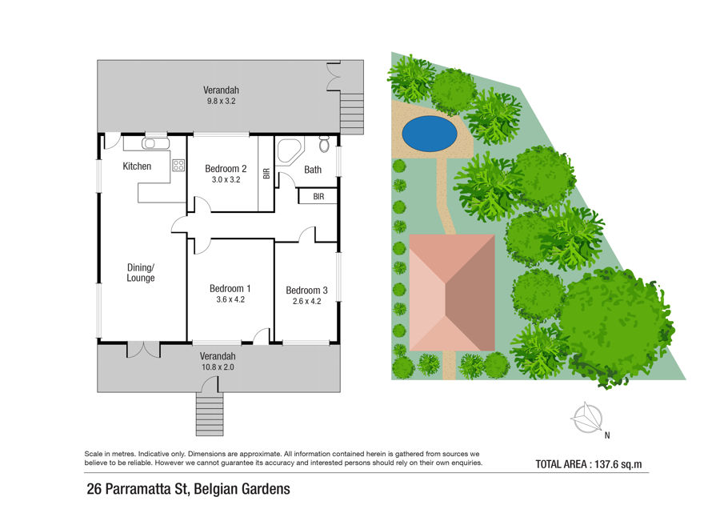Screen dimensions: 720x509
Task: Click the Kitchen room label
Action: (x=137, y=166)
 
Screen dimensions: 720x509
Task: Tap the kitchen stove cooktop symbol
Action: (x=178, y=166)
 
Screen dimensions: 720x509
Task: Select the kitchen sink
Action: (x=150, y=144)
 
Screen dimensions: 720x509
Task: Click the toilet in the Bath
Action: (x=324, y=144)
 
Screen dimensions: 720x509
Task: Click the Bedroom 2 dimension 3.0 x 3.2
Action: (x=226, y=179)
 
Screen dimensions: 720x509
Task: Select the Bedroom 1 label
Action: (x=230, y=288)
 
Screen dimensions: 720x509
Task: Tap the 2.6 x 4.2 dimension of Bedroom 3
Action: (x=306, y=302)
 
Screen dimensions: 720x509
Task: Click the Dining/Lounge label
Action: (x=141, y=272)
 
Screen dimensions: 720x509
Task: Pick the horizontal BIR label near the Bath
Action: (x=318, y=197)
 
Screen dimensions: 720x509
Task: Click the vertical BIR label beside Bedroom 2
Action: (x=266, y=173)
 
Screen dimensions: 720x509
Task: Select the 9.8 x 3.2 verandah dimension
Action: (x=222, y=101)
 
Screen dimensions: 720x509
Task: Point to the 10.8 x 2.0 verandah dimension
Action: (x=218, y=367)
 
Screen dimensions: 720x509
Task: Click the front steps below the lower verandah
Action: (x=210, y=414)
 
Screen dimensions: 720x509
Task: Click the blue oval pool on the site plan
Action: (x=430, y=133)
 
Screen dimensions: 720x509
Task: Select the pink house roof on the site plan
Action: (x=452, y=293)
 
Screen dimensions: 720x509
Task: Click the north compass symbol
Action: (x=587, y=418)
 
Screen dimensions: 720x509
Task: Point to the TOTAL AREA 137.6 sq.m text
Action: (x=589, y=464)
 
